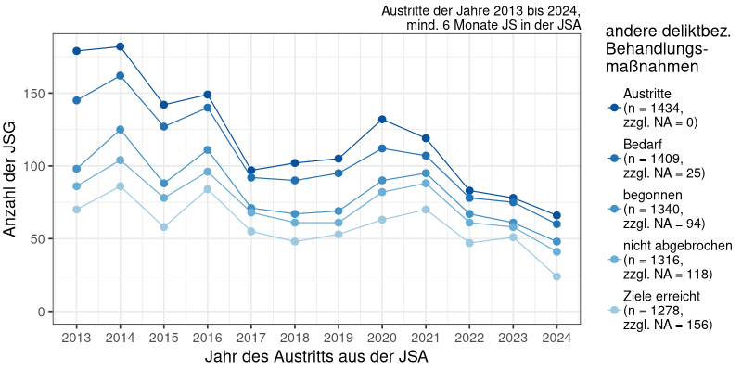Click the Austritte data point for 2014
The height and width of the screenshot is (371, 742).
(x=121, y=46)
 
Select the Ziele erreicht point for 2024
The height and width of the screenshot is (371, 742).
(x=557, y=276)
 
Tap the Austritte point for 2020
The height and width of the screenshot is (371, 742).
(x=382, y=120)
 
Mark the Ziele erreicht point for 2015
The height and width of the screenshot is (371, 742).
(x=164, y=227)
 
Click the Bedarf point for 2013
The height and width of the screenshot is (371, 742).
(x=77, y=100)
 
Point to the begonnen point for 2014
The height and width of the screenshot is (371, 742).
(x=121, y=130)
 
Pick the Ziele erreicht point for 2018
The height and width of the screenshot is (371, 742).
(x=295, y=241)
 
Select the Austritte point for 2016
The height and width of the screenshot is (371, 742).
(x=208, y=95)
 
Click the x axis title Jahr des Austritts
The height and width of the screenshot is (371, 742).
(x=315, y=355)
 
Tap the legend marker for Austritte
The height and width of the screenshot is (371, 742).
(x=613, y=109)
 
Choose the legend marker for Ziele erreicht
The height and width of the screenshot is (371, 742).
(x=613, y=311)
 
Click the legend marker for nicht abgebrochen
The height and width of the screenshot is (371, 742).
(x=613, y=260)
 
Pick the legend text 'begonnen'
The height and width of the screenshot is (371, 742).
(x=653, y=196)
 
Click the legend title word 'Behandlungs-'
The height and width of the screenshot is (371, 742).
(x=656, y=48)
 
